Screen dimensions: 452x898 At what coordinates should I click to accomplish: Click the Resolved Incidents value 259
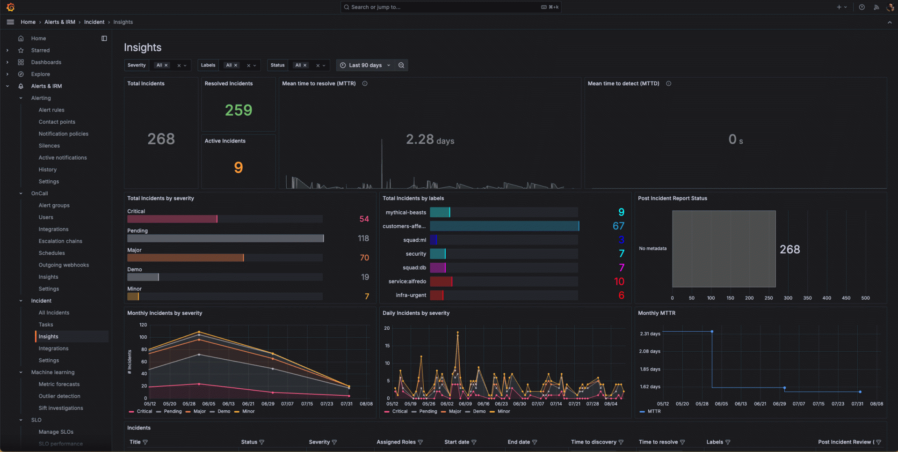pos(239,110)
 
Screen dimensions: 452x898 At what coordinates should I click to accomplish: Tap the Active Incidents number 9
pos(239,167)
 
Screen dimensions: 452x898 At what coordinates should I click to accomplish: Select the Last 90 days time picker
pos(365,65)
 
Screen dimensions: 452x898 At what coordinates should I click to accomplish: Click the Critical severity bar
pos(172,219)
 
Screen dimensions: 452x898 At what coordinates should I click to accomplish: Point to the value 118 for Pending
pos(363,238)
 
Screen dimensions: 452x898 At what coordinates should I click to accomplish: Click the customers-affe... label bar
pos(504,226)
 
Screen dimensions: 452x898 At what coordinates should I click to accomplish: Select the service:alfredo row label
pos(407,282)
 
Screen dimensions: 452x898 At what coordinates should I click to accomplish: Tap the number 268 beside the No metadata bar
pos(789,250)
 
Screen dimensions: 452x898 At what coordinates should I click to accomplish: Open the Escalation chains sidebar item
pos(60,241)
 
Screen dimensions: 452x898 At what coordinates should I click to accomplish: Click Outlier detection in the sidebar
pos(59,396)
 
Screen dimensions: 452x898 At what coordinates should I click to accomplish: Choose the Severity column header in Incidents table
pos(319,442)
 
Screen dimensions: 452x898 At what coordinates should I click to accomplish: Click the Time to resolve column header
pos(658,442)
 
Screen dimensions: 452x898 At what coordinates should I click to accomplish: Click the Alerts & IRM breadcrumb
pos(60,22)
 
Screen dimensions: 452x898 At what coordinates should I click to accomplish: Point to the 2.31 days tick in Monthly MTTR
pos(650,334)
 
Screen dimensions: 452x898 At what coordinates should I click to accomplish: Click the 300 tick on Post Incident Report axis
pos(788,298)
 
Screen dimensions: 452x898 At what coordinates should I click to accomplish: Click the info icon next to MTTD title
pos(668,83)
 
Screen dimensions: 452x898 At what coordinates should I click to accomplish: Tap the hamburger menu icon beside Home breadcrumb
pos(10,22)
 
